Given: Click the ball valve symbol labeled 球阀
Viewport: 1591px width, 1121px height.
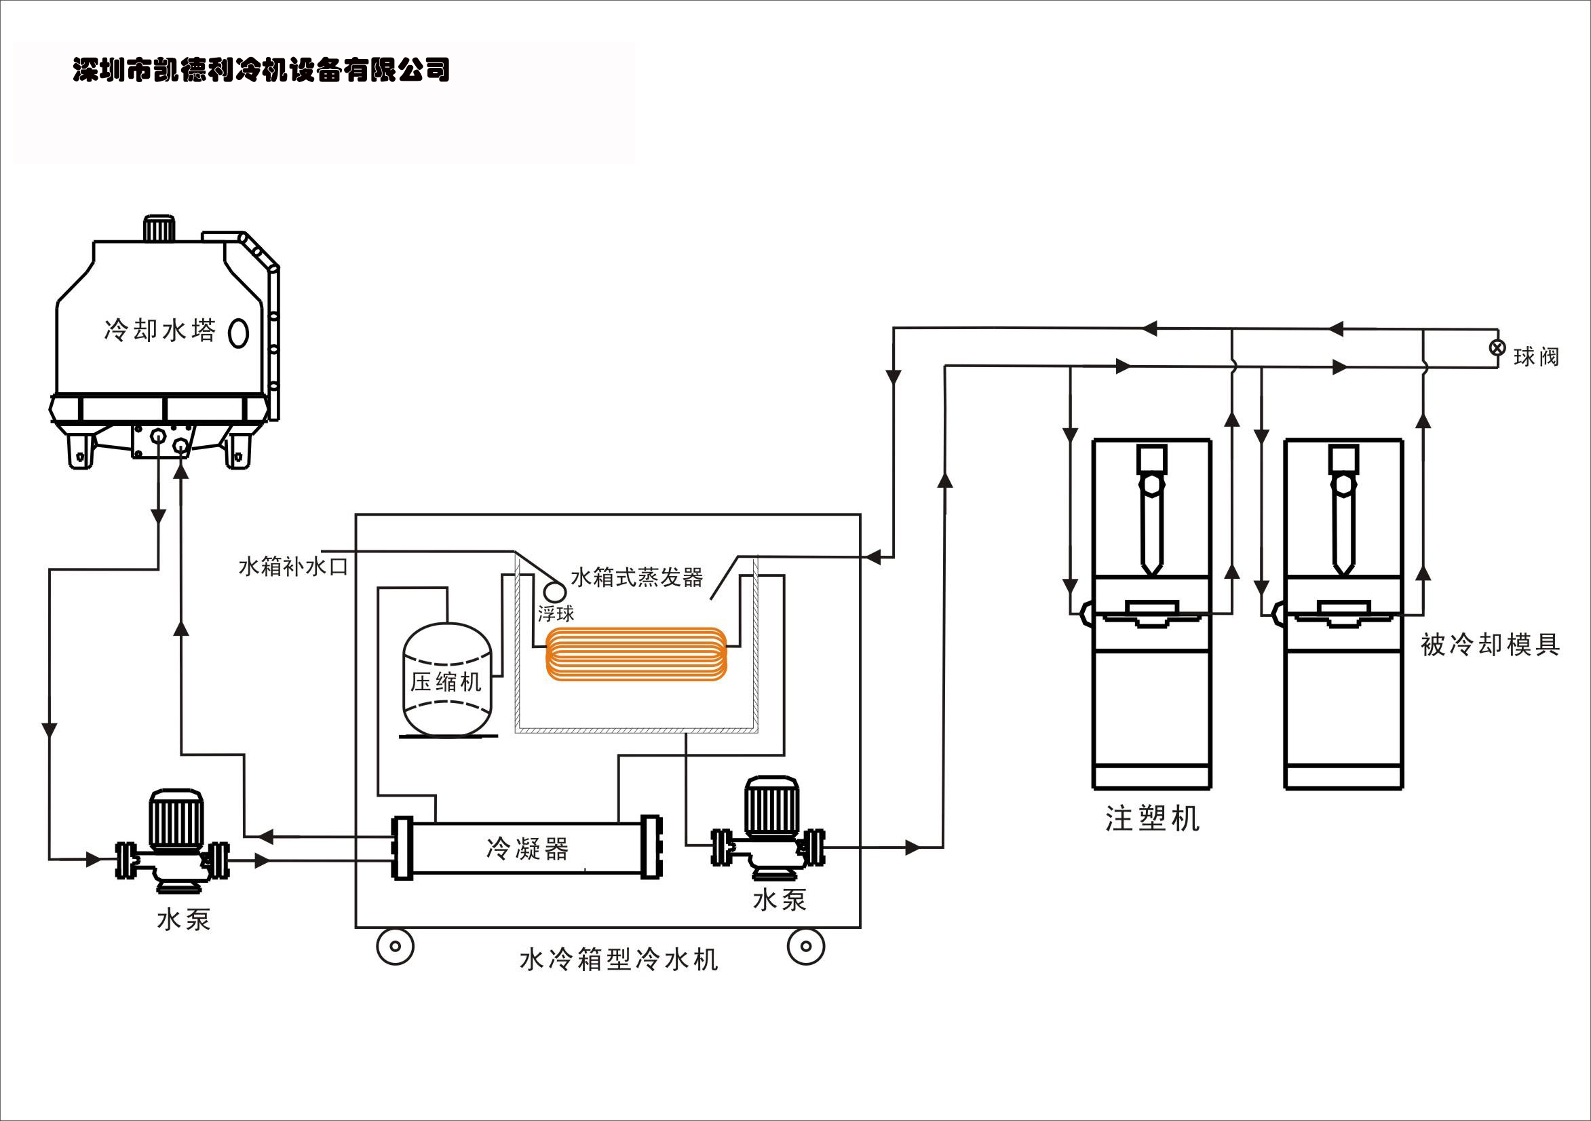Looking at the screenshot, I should click(1497, 348).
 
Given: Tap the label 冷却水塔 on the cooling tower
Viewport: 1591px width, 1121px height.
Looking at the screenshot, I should click(160, 330).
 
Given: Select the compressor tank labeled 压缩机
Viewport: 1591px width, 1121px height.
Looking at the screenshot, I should click(447, 679).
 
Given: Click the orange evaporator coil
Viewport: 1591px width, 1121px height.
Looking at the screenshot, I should click(636, 653).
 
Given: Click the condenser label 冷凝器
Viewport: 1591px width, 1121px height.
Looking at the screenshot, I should click(527, 848).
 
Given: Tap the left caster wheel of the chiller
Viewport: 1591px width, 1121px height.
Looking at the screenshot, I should click(395, 947).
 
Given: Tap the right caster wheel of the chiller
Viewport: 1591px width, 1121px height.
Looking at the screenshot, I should click(806, 946).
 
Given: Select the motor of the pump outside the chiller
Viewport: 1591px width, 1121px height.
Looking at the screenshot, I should click(176, 819).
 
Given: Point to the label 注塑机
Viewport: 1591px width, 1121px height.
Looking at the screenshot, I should click(1151, 819).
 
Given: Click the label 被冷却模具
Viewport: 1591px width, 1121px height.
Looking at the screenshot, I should click(1490, 645).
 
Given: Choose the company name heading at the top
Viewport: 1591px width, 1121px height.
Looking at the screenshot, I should click(261, 70).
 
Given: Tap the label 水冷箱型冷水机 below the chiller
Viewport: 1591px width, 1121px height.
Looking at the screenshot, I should click(618, 960).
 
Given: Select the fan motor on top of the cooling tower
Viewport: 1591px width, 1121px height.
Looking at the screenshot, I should click(159, 228).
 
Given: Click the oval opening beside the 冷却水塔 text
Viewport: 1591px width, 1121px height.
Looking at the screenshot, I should click(238, 332).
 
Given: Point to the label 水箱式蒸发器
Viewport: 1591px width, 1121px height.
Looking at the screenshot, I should click(637, 577).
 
